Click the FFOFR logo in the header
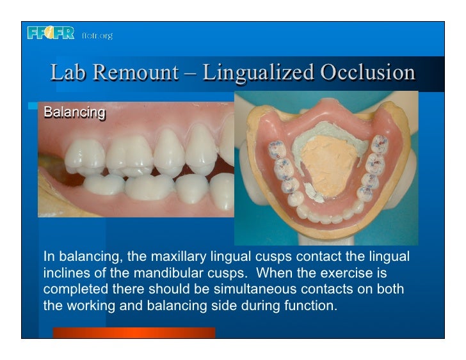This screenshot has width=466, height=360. coord(51,33)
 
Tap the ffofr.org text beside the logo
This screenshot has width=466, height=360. coord(97,35)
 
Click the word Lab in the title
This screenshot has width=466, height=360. coord(68,72)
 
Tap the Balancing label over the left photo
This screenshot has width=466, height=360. coord(74,113)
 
